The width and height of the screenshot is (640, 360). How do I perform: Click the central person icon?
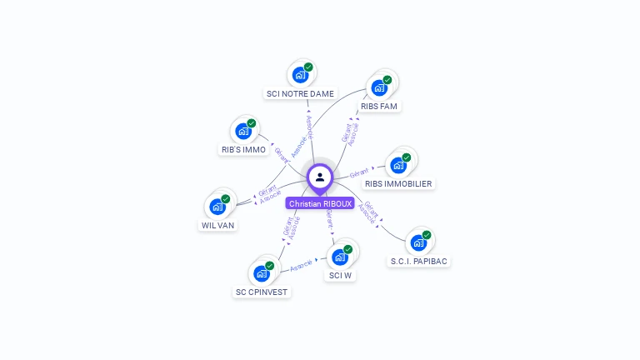[x=320, y=177]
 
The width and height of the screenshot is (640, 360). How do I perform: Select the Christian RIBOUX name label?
[x=320, y=203]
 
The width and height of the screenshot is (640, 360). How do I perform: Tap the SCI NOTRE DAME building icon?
[x=300, y=75]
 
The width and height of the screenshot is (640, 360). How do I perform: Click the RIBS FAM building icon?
[x=379, y=87]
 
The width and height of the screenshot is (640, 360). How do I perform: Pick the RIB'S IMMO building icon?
[x=243, y=131]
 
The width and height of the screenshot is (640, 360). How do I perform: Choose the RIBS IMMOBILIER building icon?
[x=398, y=165]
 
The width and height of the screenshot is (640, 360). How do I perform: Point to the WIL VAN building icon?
[x=217, y=206]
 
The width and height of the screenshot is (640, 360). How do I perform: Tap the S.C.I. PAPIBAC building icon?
[x=418, y=242]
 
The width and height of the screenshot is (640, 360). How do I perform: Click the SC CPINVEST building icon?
[x=262, y=272]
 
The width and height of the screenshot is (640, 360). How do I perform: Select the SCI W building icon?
[x=340, y=257]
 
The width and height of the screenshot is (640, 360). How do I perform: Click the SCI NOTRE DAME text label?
[x=300, y=94]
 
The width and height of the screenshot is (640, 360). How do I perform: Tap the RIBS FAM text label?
[x=379, y=107]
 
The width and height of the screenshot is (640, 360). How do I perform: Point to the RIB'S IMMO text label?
[x=243, y=150]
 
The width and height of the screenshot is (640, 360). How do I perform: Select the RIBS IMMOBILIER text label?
[x=399, y=183]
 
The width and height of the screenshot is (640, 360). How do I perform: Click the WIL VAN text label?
[x=217, y=225]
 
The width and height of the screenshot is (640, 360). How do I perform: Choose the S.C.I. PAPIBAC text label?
[x=419, y=261]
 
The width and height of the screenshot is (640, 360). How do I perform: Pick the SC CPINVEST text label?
[x=262, y=292]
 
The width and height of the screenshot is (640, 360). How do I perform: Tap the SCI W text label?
[x=340, y=275]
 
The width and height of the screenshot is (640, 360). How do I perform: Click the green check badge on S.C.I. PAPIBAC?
[x=427, y=235]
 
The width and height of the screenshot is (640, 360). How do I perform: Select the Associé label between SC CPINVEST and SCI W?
[x=301, y=264]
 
